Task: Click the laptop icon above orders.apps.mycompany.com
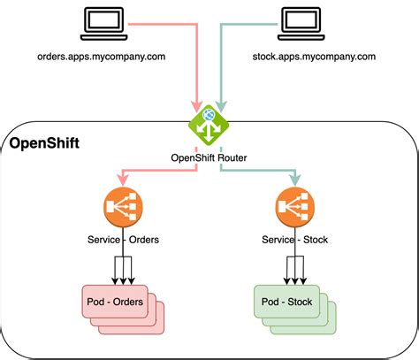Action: [x=99, y=24]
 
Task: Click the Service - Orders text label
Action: [x=122, y=241]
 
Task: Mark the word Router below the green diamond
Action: [x=227, y=158]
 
